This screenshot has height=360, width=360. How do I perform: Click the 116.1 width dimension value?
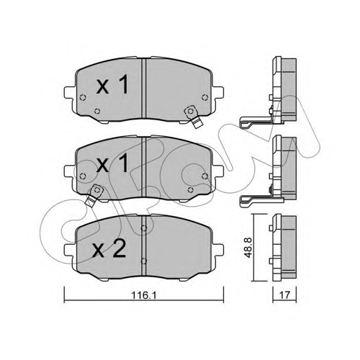tap(144, 295)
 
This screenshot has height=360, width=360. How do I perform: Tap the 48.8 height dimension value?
tap(248, 248)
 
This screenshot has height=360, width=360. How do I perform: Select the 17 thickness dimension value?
tap(285, 295)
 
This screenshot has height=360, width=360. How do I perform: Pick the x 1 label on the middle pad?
tap(112, 163)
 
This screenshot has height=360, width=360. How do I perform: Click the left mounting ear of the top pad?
tap(70, 93)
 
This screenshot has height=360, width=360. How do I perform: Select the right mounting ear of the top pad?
tap(218, 93)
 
